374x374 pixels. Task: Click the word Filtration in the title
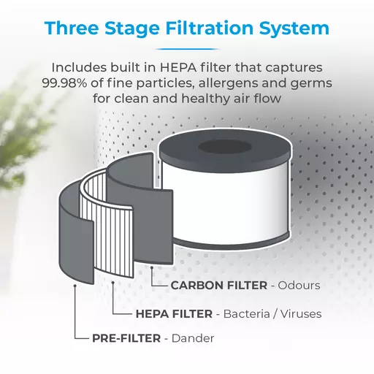(x=210, y=28)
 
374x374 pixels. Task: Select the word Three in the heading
(x=72, y=28)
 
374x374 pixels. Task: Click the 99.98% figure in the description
(x=64, y=83)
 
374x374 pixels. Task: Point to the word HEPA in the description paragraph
(x=178, y=67)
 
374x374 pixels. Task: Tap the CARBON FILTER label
(x=219, y=286)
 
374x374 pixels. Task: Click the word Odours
(x=299, y=286)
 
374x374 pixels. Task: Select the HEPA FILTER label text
(x=174, y=314)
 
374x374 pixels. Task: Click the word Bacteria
(x=246, y=314)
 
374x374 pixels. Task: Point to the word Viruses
(x=301, y=314)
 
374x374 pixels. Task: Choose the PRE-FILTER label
(x=126, y=338)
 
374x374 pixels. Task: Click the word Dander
(x=193, y=338)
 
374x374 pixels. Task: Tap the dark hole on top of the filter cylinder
(x=224, y=147)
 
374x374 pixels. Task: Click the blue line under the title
(x=187, y=49)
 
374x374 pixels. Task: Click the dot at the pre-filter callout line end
(x=75, y=286)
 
